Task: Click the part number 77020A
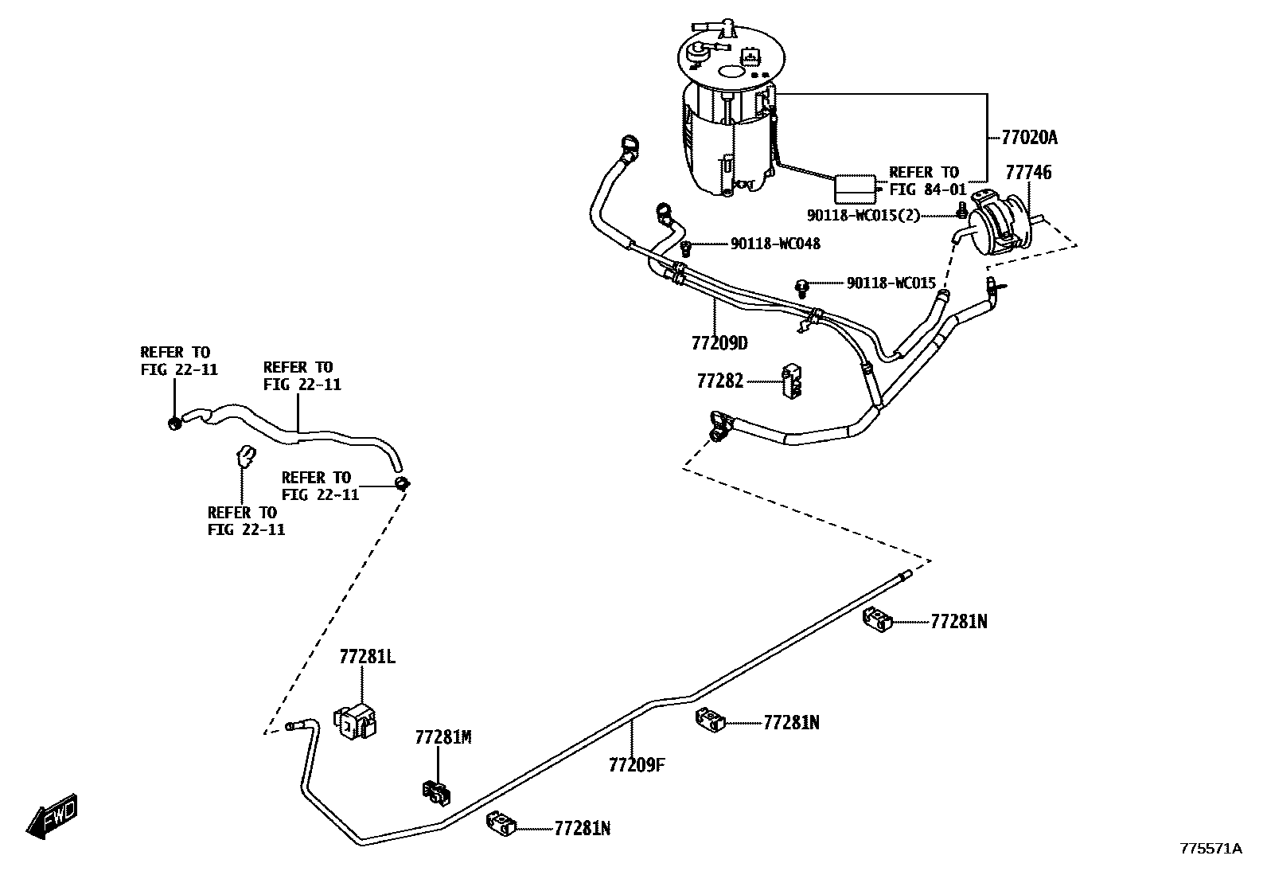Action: pos(1029,138)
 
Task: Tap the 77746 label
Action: pos(1027,172)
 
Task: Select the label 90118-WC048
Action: pos(774,244)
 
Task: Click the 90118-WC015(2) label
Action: pos(863,215)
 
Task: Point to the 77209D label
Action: pos(719,343)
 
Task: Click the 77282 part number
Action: pos(719,381)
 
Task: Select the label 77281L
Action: pos(367,657)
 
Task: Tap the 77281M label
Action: pos(442,737)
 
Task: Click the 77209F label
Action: pos(636,765)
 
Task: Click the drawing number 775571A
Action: pos(1210,849)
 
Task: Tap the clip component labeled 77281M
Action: pos(436,791)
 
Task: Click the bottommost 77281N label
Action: pos(582,829)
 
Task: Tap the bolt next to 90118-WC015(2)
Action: pos(961,210)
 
